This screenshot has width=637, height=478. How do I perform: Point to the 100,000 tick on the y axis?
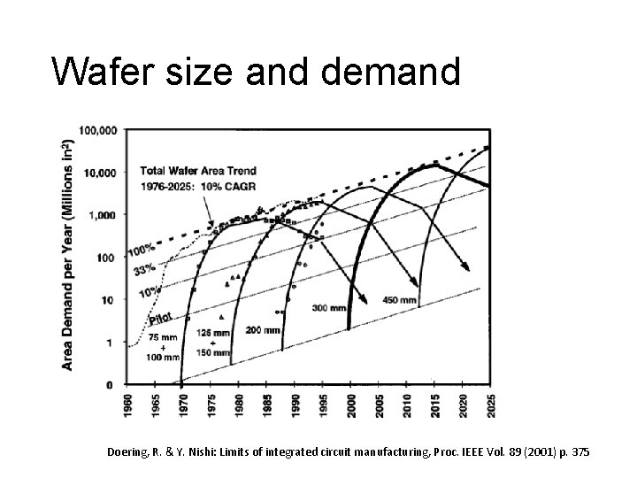[x=98, y=130]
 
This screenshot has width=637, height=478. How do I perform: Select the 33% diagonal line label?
[x=142, y=267]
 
